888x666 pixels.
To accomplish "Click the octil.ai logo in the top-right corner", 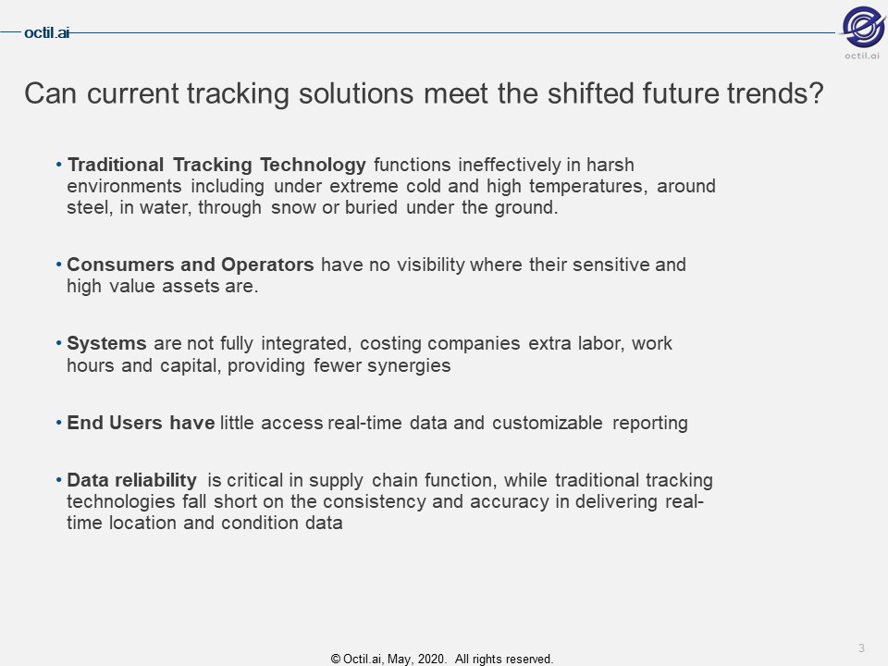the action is pyautogui.click(x=862, y=31).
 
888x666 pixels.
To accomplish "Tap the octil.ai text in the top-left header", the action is pyautogui.click(x=46, y=33).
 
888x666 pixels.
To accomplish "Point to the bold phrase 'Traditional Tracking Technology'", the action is pyautogui.click(x=216, y=166).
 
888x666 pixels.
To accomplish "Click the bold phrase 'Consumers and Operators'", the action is pyautogui.click(x=191, y=265).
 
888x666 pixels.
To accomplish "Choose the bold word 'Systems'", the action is pyautogui.click(x=106, y=344).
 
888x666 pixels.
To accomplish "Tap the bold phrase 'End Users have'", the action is pyautogui.click(x=141, y=423).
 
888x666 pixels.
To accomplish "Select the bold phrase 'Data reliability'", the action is pyautogui.click(x=131, y=480).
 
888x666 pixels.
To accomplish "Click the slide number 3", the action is pyautogui.click(x=861, y=647).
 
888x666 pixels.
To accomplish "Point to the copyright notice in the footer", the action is pyautogui.click(x=442, y=659).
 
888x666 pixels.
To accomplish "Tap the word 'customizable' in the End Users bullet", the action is pyautogui.click(x=547, y=423).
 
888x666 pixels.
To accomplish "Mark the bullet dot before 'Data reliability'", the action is pyautogui.click(x=59, y=481).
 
